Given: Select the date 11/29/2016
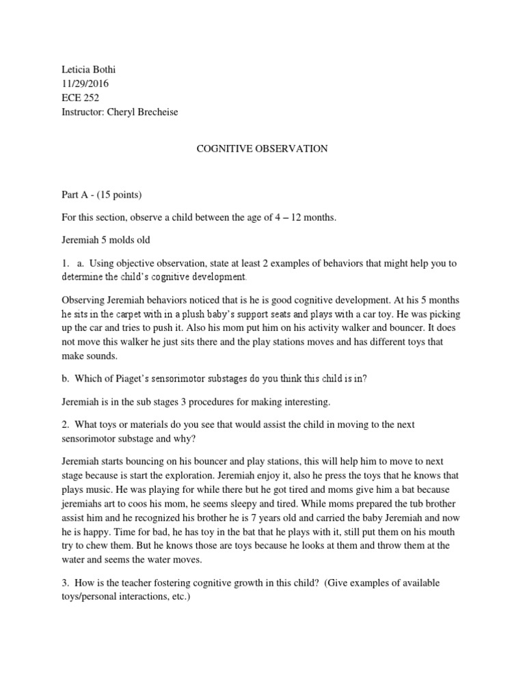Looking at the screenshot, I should coord(85,84).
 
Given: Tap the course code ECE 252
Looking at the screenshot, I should coord(80,98).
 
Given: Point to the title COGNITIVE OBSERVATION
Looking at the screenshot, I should coord(262,148).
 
